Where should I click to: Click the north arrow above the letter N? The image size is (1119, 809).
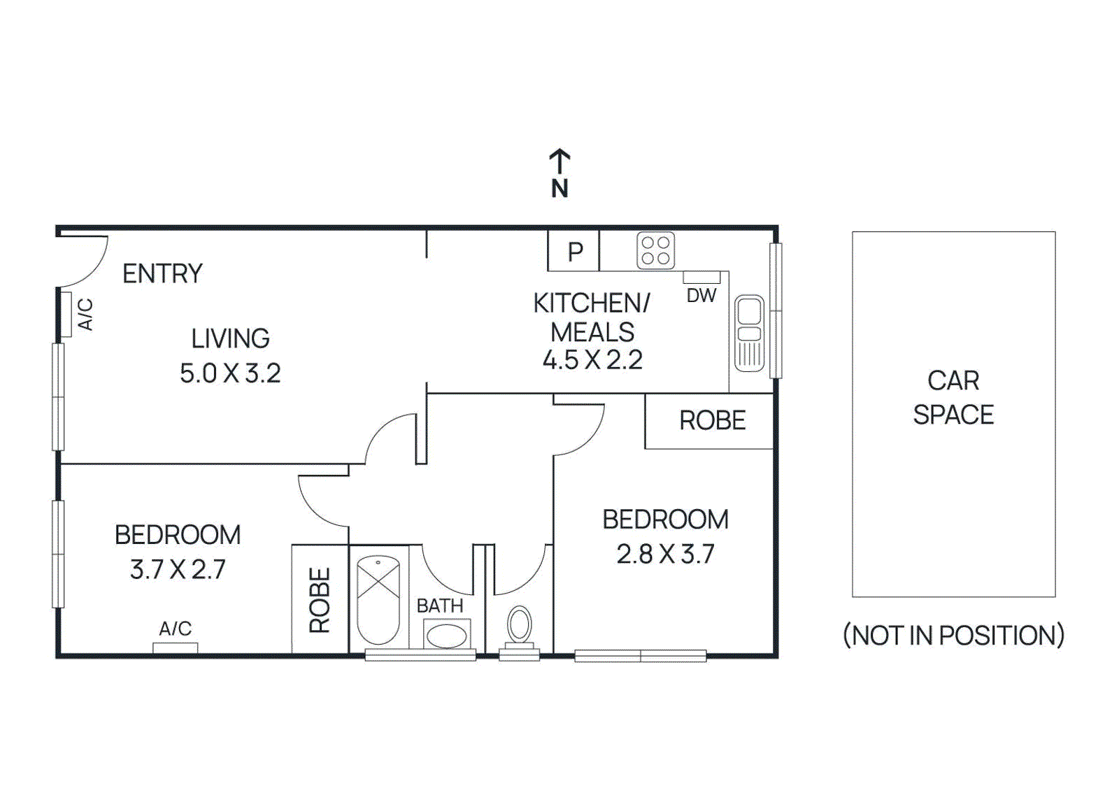pyautogui.click(x=559, y=162)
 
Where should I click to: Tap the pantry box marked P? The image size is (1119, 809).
pyautogui.click(x=574, y=251)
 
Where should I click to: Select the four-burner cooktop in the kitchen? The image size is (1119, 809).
pyautogui.click(x=655, y=250)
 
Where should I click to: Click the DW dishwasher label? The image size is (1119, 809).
pyautogui.click(x=701, y=296)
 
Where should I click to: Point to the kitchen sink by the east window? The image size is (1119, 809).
pyautogui.click(x=749, y=332)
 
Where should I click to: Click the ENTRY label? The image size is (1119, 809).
pyautogui.click(x=162, y=273)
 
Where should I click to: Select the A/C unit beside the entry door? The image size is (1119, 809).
pyautogui.click(x=66, y=314)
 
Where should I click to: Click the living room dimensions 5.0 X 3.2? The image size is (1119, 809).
pyautogui.click(x=230, y=373)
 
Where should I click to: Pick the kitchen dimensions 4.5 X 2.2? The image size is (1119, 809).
pyautogui.click(x=592, y=360)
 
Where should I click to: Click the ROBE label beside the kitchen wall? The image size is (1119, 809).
pyautogui.click(x=712, y=421)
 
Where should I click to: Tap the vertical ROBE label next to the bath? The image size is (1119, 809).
pyautogui.click(x=320, y=600)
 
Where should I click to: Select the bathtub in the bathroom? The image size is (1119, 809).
pyautogui.click(x=378, y=599)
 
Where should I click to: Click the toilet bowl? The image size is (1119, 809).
pyautogui.click(x=519, y=624)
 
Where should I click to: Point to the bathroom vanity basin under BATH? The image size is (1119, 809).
pyautogui.click(x=446, y=636)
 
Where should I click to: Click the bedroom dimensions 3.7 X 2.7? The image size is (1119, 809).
pyautogui.click(x=178, y=569)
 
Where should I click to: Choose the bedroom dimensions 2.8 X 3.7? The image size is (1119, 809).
pyautogui.click(x=665, y=554)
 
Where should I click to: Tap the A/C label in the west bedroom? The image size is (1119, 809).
pyautogui.click(x=175, y=629)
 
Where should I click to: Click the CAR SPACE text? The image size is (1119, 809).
pyautogui.click(x=953, y=397)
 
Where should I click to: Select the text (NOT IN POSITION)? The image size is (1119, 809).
pyautogui.click(x=953, y=636)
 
